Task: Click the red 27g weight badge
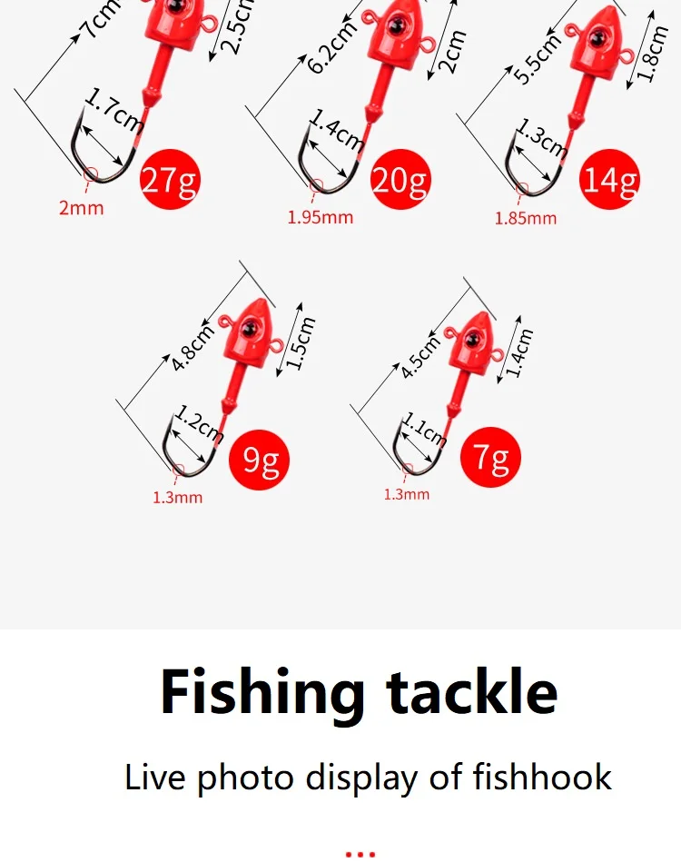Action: coord(170,179)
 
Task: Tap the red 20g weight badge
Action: coord(400,179)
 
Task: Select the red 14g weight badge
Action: coord(609,179)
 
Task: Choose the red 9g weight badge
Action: coord(259,460)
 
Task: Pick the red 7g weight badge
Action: coord(490,457)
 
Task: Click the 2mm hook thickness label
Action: coord(82,208)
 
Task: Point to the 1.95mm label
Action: coord(321,217)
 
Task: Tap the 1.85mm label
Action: coord(526,218)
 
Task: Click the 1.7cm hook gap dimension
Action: coord(113,111)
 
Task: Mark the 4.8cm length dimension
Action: coord(192,348)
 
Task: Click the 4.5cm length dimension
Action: coord(419,356)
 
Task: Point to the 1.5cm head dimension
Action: coord(301,343)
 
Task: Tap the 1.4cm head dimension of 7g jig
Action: coord(519,352)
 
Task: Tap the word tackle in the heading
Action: coord(471,690)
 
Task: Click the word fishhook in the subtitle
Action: coord(542,778)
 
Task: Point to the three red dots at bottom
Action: coord(360,855)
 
